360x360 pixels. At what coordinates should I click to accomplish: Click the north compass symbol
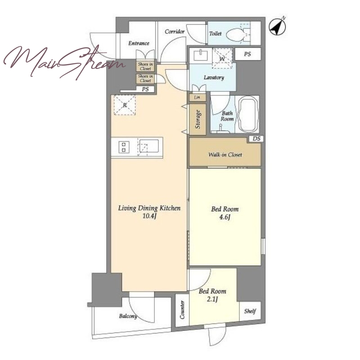coord(277,27)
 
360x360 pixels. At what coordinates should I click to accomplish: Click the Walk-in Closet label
coord(225,154)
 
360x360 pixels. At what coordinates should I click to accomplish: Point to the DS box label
coord(256,139)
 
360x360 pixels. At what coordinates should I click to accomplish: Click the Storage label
coord(198,119)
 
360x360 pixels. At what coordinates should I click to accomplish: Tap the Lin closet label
coord(197,97)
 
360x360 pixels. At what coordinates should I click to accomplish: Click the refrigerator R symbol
coord(125,105)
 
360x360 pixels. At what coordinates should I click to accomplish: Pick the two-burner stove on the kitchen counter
coord(124,147)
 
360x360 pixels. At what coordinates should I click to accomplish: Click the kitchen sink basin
coord(149,146)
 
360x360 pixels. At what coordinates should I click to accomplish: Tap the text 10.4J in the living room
coord(149,216)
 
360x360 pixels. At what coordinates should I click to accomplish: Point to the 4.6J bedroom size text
coord(225,217)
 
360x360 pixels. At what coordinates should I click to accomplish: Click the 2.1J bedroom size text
coord(212,299)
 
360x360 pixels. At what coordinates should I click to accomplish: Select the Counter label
coord(182,310)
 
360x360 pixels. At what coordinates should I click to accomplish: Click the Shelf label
coord(250,311)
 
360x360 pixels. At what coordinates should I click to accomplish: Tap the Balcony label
coord(128,316)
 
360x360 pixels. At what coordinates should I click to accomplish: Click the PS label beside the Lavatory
coord(247,54)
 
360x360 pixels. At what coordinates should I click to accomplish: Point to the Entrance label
coord(139,43)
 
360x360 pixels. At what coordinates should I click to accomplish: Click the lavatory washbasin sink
coord(200,55)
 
